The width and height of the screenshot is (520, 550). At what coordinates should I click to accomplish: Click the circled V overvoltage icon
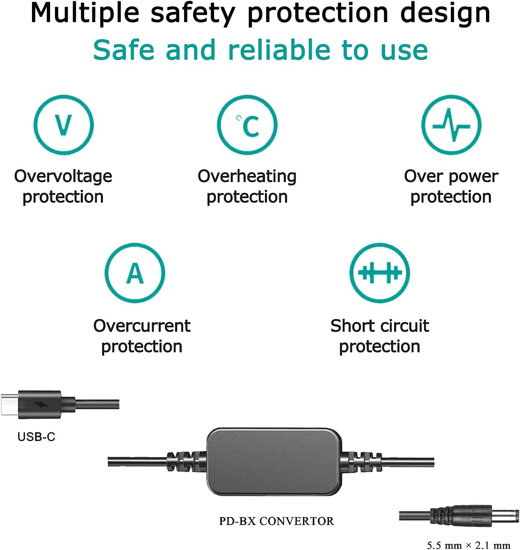coord(64,125)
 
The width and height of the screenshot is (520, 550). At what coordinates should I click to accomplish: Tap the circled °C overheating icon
coord(247,125)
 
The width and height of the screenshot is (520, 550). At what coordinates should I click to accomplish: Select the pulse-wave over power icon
coord(451,125)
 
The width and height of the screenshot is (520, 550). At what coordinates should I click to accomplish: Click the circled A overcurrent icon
coord(135,273)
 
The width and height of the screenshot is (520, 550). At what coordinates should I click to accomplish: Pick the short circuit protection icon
coord(380,273)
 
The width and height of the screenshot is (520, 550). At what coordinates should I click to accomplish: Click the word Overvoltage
coord(63,177)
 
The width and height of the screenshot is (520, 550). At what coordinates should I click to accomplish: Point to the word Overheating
coord(247,177)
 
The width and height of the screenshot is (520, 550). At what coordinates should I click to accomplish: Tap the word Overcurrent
coord(142,326)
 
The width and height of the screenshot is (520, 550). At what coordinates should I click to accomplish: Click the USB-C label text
coord(36,437)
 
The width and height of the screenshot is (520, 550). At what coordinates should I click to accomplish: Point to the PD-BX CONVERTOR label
coord(276,521)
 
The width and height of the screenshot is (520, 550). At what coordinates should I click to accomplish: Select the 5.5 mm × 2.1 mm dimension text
coord(468,545)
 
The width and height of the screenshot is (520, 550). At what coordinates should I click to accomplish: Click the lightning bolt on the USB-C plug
coord(41,404)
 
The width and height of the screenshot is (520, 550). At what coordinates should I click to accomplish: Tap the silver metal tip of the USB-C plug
coord(10,404)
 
